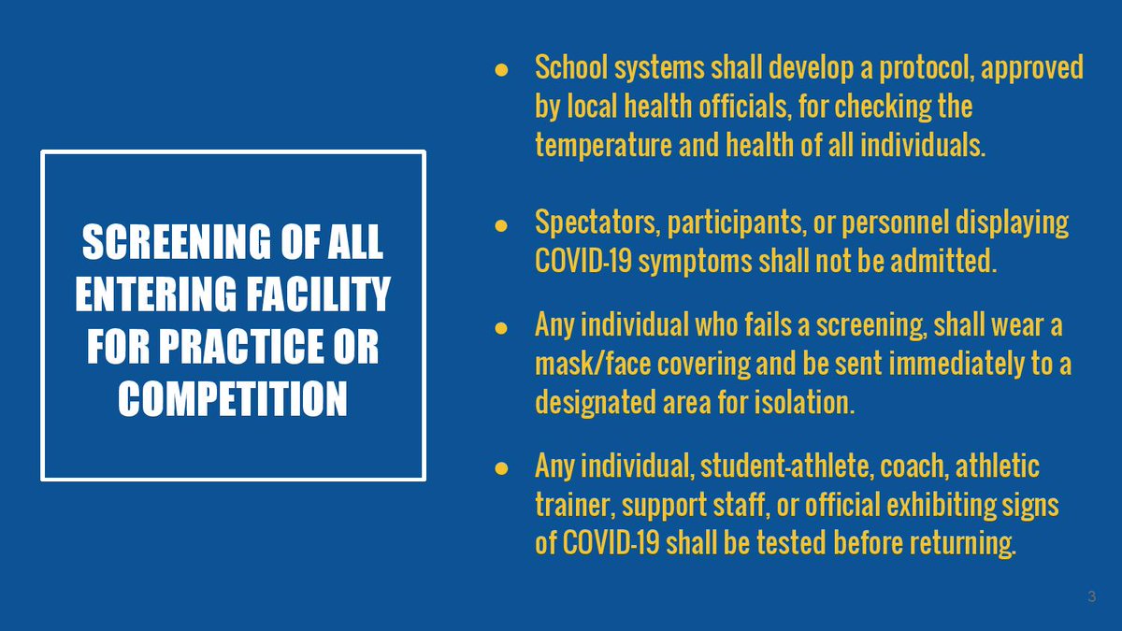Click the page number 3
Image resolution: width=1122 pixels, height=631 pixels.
(x=1091, y=596)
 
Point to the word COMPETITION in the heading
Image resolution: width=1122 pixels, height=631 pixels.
(x=233, y=399)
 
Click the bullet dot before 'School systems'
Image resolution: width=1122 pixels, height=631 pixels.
(x=501, y=70)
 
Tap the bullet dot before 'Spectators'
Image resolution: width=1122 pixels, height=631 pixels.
(x=501, y=225)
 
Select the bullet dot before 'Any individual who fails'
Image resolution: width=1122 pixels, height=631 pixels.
(x=501, y=328)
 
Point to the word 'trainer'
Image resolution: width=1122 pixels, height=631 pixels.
(x=573, y=506)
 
